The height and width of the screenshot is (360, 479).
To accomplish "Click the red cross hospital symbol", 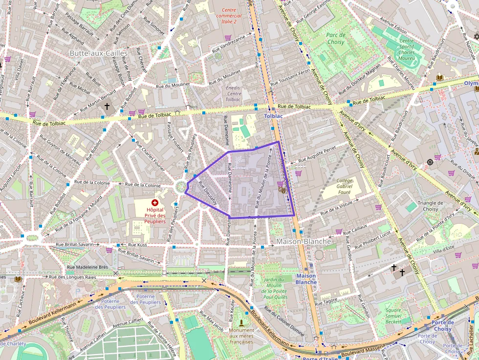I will [x=155, y=202].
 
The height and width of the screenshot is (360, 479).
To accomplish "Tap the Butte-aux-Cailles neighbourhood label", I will [x=98, y=53].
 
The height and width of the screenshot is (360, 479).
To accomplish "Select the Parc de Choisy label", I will [x=336, y=39].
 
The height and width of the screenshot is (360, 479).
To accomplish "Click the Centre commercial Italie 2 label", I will [x=229, y=16].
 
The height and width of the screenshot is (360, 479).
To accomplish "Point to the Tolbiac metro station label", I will [x=273, y=116].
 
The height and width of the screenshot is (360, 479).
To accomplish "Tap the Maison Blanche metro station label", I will [x=306, y=279].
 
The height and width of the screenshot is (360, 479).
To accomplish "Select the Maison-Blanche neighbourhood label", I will [x=304, y=241].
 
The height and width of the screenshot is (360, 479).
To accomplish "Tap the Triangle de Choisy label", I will [x=430, y=206].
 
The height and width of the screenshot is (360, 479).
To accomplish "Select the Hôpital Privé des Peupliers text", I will [x=155, y=215].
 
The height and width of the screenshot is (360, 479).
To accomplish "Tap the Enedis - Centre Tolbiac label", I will [x=234, y=93].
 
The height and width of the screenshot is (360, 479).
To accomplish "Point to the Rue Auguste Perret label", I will [x=318, y=152].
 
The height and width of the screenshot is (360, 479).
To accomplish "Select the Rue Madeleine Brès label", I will [x=87, y=267].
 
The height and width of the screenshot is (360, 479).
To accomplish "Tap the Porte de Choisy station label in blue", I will [x=442, y=325].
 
